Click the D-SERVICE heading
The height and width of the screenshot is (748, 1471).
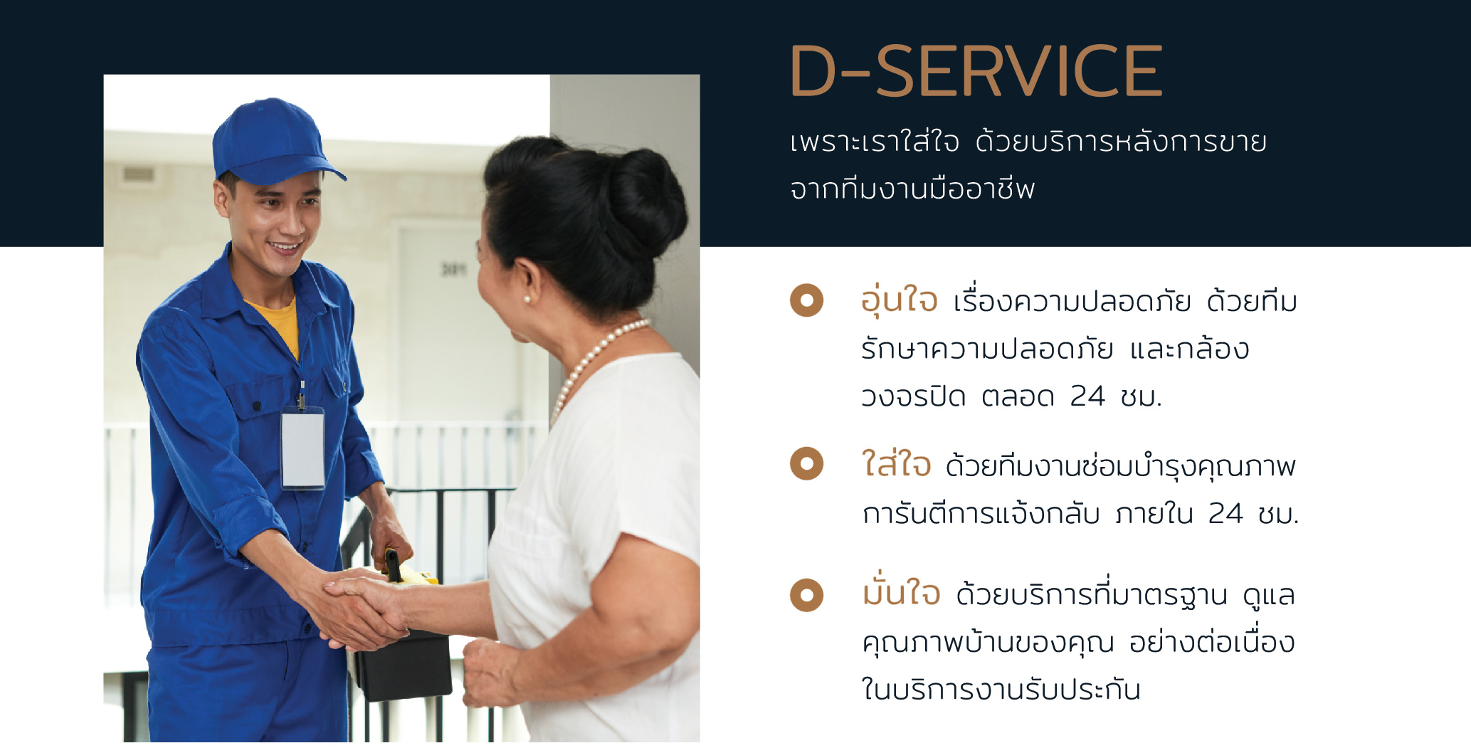click(x=976, y=70)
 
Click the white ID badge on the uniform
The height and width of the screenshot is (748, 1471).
click(x=302, y=448)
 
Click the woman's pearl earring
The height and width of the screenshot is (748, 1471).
click(x=527, y=300)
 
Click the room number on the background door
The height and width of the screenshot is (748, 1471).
click(x=453, y=268)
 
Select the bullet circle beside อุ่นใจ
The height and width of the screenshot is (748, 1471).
click(x=806, y=300)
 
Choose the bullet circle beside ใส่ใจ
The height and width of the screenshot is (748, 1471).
click(x=806, y=464)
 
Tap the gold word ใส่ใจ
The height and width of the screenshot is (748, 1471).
click(x=896, y=463)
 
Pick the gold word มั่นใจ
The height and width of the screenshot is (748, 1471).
click(x=901, y=591)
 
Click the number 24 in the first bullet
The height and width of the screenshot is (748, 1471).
click(x=1087, y=396)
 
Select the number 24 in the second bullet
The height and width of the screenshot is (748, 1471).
click(x=1225, y=513)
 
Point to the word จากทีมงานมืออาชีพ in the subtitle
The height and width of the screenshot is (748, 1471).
click(x=912, y=189)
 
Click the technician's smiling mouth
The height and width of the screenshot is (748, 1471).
click(x=285, y=248)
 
